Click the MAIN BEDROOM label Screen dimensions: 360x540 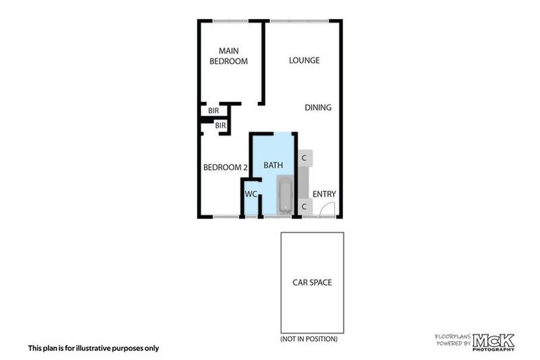(233, 56)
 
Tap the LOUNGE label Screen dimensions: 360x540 (304, 60)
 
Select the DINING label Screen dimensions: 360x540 (318, 108)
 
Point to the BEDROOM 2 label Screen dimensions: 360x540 (225, 167)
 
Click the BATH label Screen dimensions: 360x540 (273, 165)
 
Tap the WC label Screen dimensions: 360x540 (251, 194)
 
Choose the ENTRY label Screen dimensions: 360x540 (324, 195)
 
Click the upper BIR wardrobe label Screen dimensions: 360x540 (213, 111)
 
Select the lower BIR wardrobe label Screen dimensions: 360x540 (220, 126)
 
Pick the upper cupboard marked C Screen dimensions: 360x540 (304, 157)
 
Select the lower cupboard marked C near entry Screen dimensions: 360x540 (304, 207)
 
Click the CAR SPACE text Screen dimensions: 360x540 (312, 283)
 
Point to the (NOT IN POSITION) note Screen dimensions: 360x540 (309, 339)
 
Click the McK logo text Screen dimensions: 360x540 (493, 341)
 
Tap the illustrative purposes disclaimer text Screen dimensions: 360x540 (94, 348)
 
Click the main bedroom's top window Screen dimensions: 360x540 (230, 20)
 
